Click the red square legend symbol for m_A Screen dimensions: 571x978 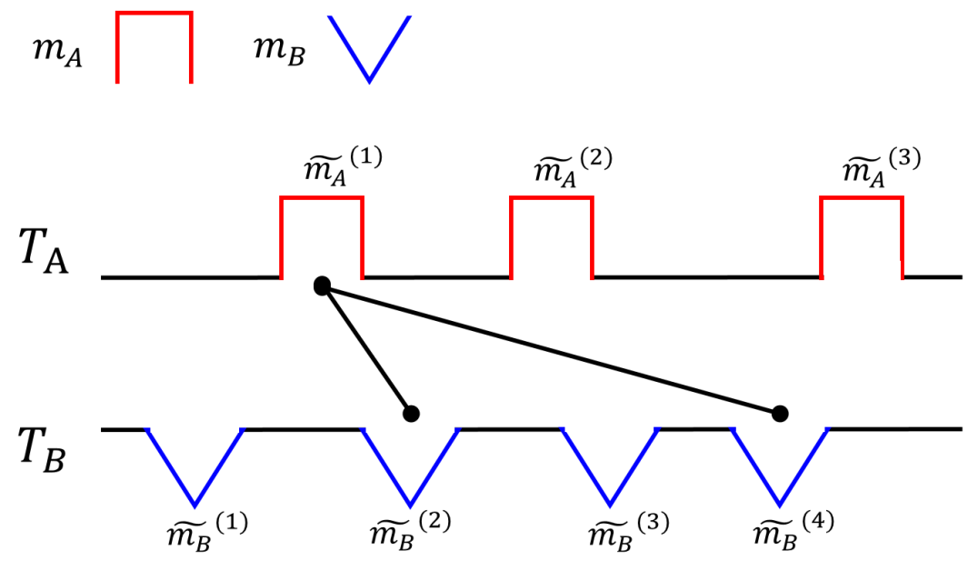click(154, 47)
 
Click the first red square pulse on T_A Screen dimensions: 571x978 click(322, 236)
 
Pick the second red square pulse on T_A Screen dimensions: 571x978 click(552, 236)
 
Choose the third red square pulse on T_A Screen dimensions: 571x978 click(862, 236)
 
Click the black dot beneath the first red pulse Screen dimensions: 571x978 click(321, 285)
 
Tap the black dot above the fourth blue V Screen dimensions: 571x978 click(779, 414)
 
